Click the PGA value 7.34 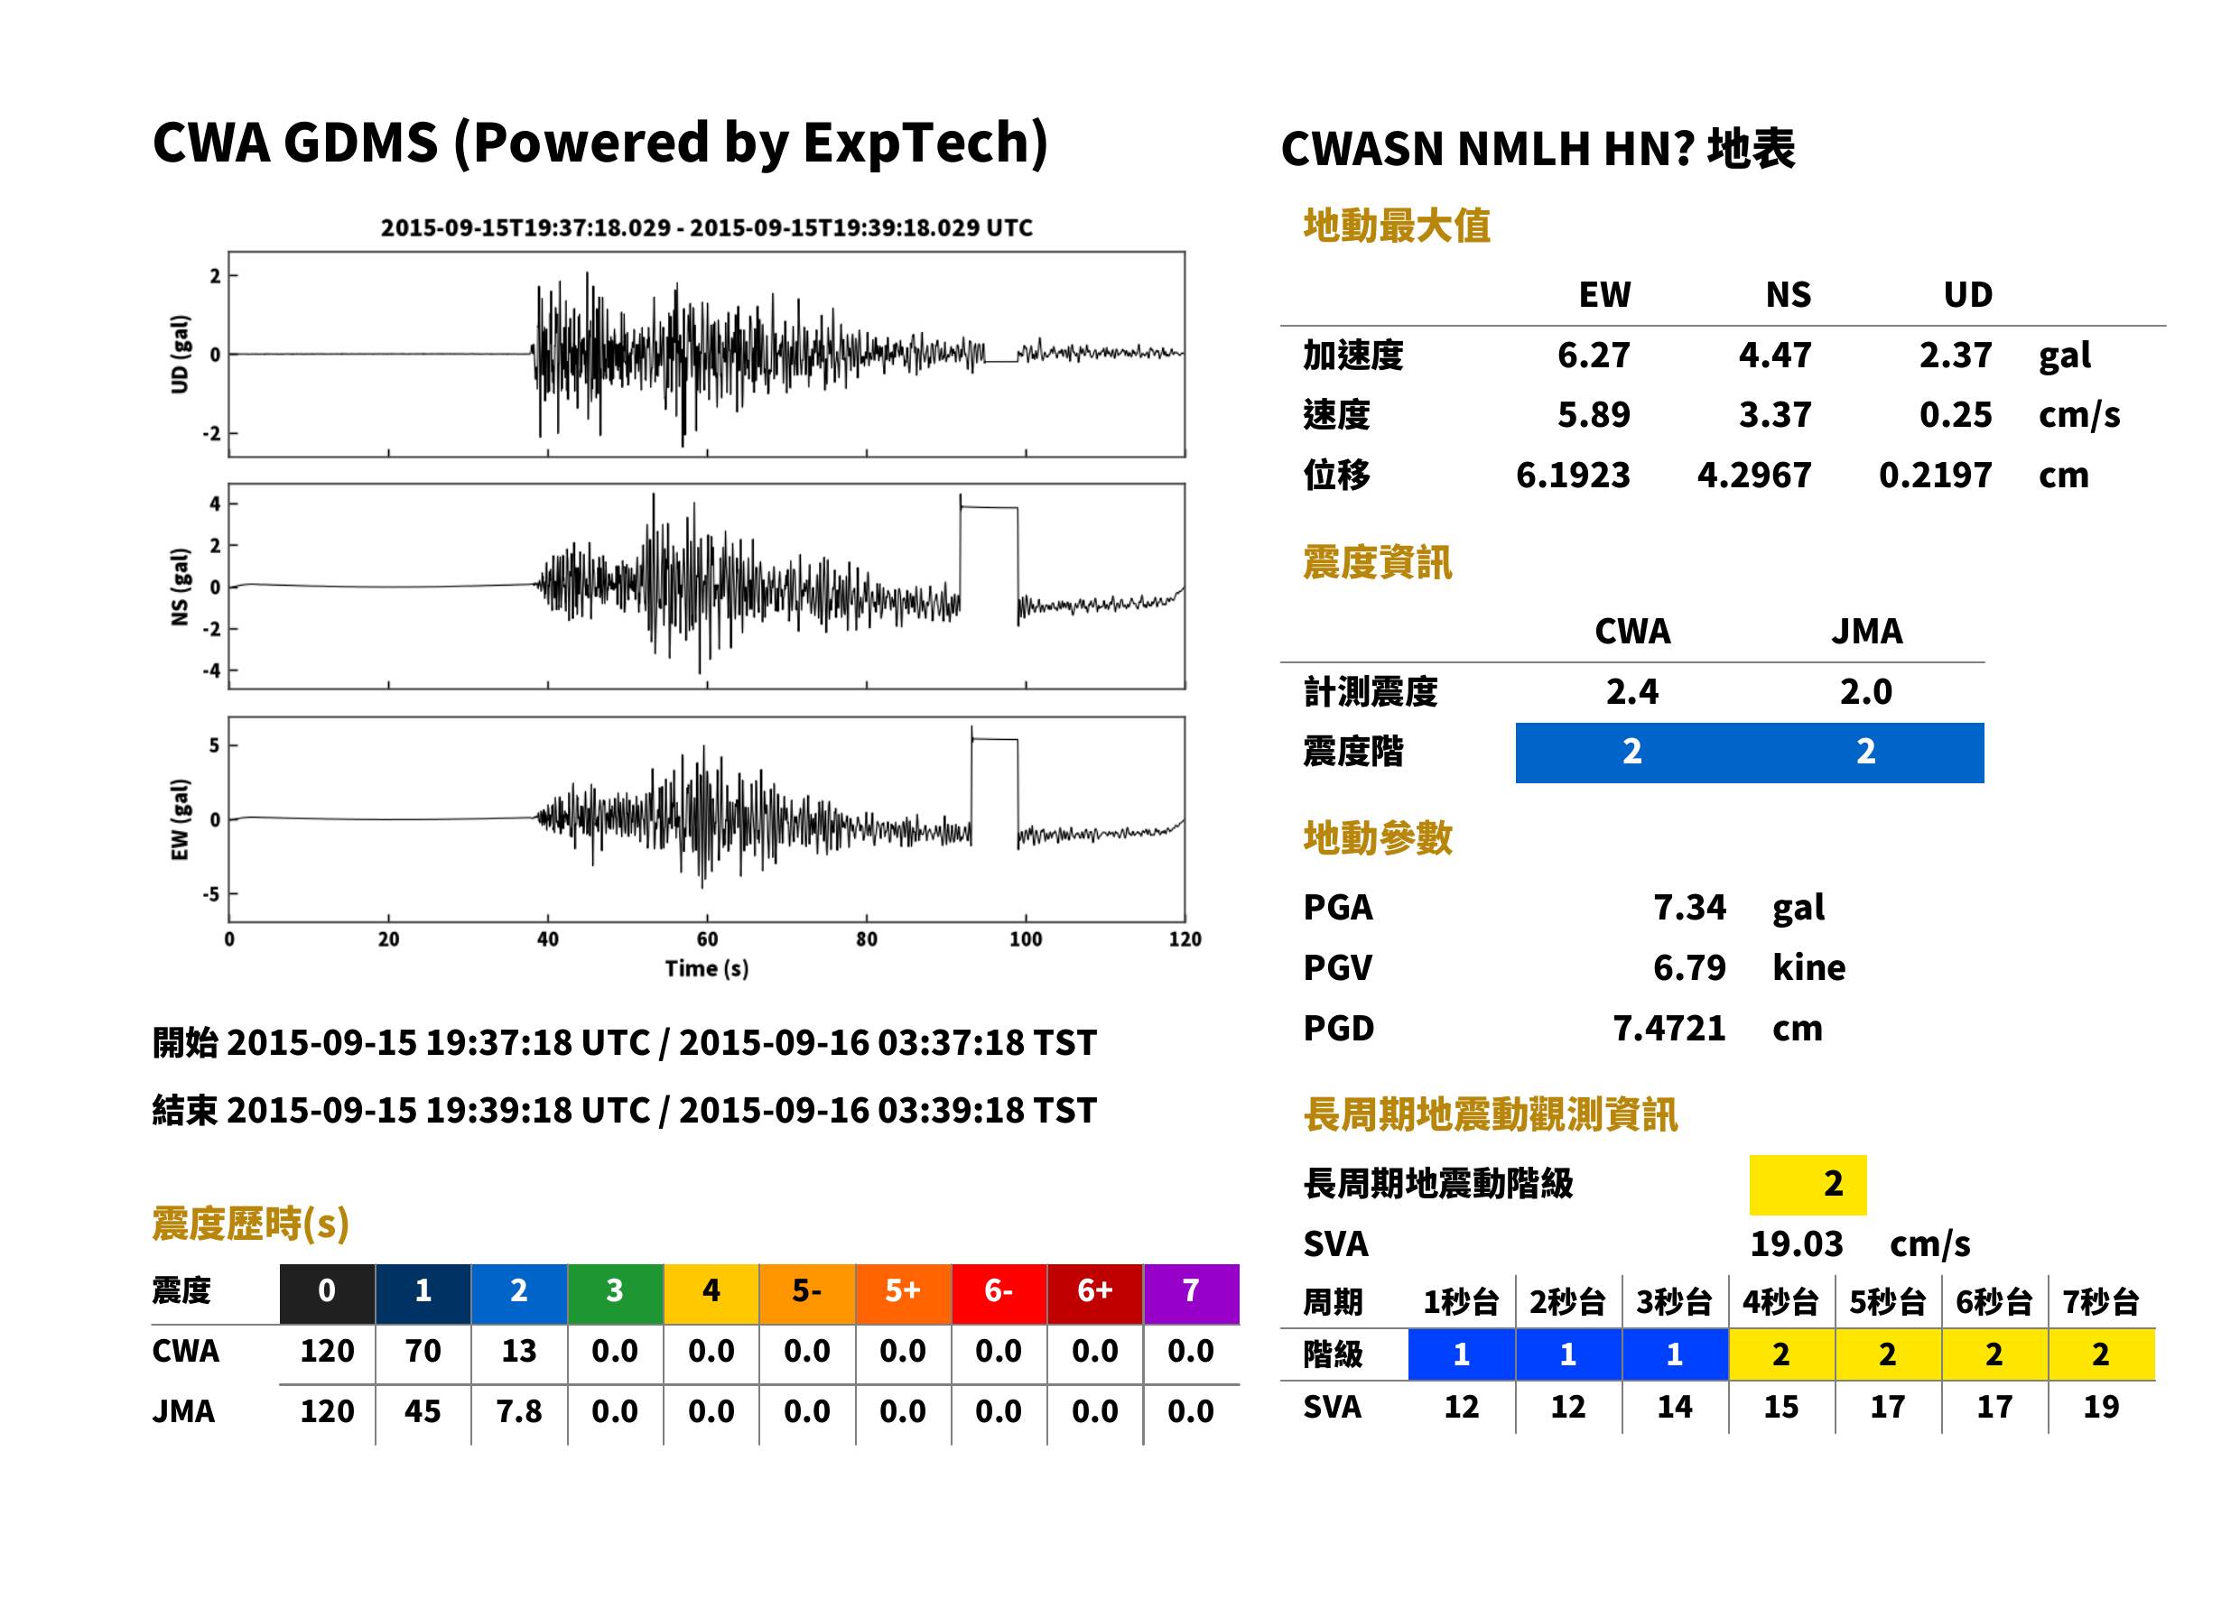point(1688,907)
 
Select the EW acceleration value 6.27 point(1593,355)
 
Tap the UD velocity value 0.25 point(1955,414)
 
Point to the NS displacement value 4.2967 point(1753,475)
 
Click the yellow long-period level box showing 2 point(1808,1185)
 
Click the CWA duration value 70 point(423,1351)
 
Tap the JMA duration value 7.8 point(519,1411)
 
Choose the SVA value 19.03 point(1796,1243)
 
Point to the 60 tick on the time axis point(707,939)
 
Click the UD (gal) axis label point(180,355)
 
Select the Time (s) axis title point(706,969)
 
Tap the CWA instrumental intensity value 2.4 point(1631,691)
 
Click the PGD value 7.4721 point(1668,1028)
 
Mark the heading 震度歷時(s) point(250,1224)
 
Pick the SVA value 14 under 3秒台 point(1675,1406)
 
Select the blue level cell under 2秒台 point(1568,1354)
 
